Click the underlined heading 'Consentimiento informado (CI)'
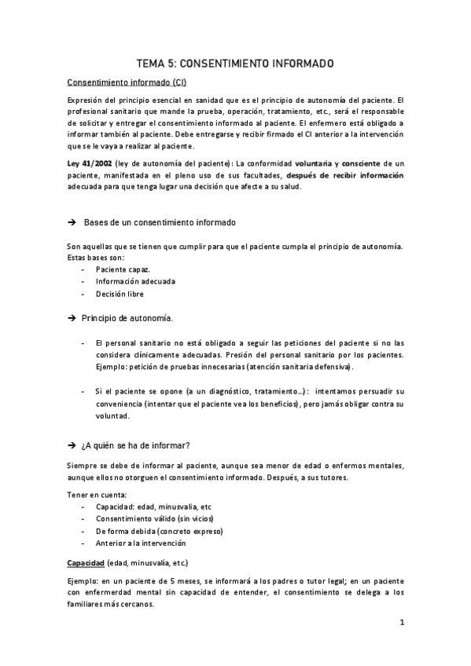point(127,82)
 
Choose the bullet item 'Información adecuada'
point(135,281)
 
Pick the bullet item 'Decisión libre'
point(120,294)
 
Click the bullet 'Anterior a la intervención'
point(140,543)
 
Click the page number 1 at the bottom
point(401,624)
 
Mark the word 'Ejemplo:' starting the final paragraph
point(84,580)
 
